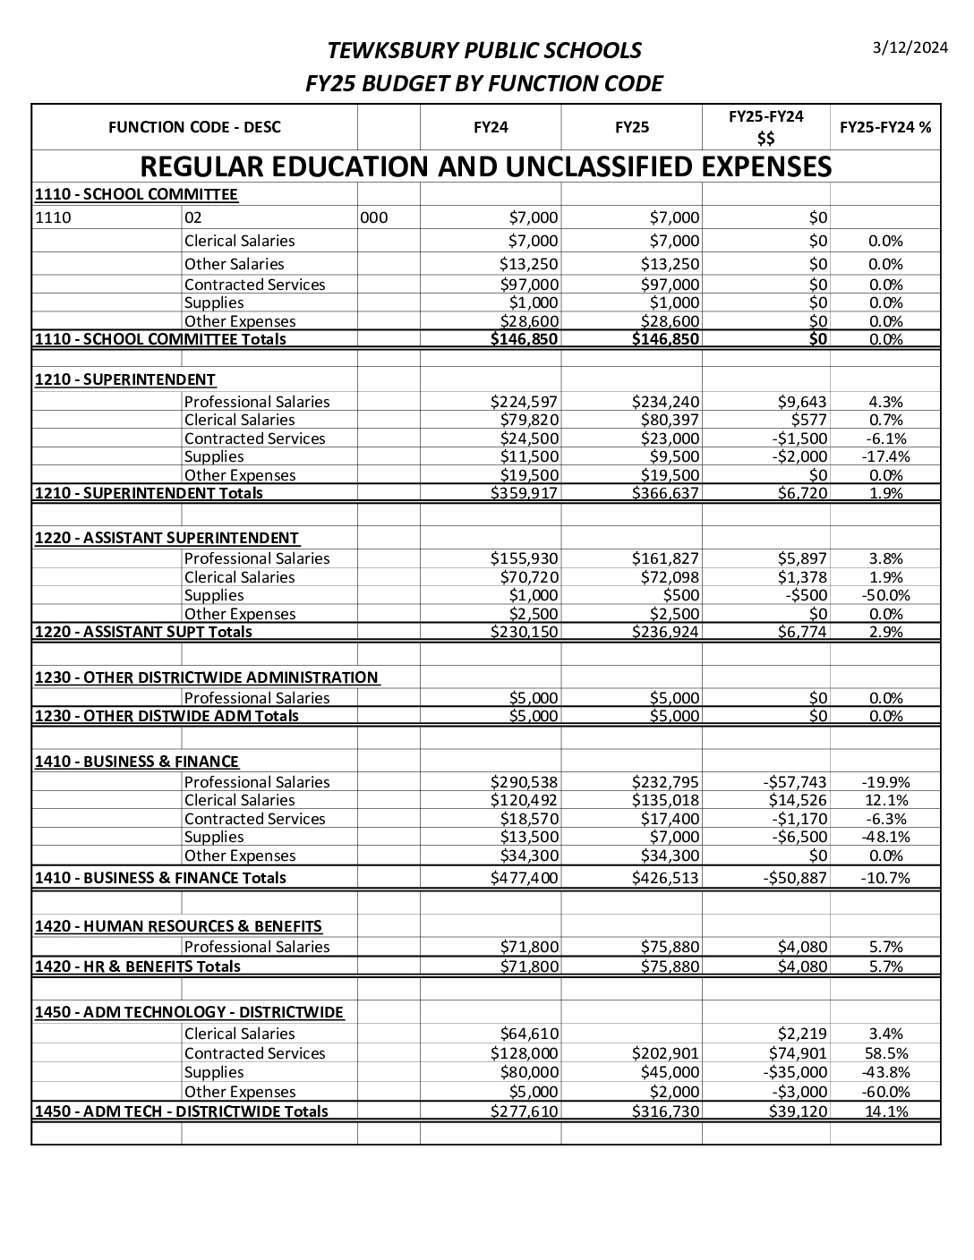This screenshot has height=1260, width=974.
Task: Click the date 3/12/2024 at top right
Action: point(910,48)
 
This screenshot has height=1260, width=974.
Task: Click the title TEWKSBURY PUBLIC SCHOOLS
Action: point(484,50)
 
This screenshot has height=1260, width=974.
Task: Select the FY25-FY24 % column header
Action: point(884,127)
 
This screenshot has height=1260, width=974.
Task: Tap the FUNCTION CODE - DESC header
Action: point(194,127)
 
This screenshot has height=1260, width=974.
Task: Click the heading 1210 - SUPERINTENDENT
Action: point(125,379)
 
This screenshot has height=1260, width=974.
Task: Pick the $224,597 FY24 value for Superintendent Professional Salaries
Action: point(525,402)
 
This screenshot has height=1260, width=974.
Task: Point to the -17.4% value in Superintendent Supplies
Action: point(885,456)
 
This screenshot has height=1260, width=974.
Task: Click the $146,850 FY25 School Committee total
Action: point(665,339)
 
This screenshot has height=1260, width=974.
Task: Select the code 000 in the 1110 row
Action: point(374,217)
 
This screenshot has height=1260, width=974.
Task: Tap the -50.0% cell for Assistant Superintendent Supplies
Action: point(885,595)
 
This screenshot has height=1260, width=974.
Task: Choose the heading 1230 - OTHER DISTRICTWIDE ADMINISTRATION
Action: point(207,677)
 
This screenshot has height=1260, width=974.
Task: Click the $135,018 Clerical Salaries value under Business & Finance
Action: point(665,800)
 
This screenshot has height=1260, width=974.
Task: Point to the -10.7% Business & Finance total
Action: point(885,878)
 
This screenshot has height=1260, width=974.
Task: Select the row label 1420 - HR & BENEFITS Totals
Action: point(138,966)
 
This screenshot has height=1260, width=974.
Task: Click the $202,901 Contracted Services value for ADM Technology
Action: point(665,1053)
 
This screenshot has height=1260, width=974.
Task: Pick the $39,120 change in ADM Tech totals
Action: point(798,1111)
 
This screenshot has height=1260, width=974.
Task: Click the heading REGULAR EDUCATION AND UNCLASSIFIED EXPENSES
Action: point(486,167)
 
